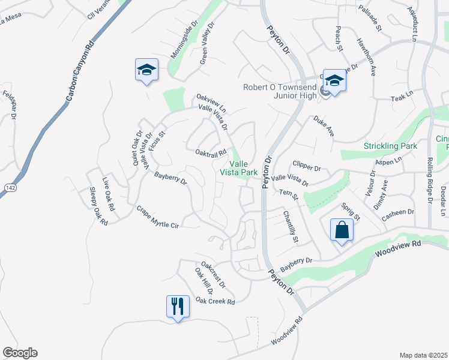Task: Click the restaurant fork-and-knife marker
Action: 178,306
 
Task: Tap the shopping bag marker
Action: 342,230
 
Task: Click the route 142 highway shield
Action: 5,188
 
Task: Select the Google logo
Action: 20,353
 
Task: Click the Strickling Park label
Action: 390,146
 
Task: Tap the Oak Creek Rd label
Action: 215,301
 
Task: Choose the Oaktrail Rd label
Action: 210,152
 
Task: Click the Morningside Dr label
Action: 184,41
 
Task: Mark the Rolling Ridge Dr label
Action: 430,181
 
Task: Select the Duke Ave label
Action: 323,126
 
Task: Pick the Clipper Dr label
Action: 307,164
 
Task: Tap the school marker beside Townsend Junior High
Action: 334,80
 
